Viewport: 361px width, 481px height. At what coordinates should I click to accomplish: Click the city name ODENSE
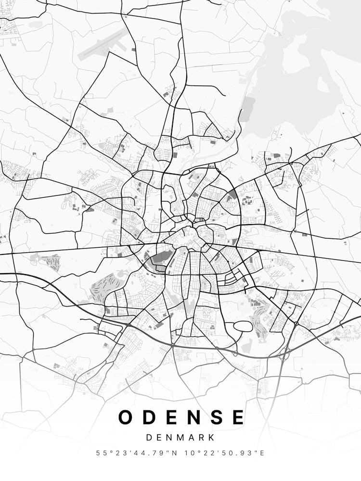181,417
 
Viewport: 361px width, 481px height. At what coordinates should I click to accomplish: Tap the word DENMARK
180,438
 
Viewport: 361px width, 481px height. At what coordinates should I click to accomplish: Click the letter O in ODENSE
126,417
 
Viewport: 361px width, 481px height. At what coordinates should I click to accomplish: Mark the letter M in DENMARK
181,438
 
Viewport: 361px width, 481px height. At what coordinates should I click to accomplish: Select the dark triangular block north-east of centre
233,194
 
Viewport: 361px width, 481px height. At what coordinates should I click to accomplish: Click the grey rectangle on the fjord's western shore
248,109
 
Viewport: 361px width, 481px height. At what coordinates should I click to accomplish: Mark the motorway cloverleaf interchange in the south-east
283,354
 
